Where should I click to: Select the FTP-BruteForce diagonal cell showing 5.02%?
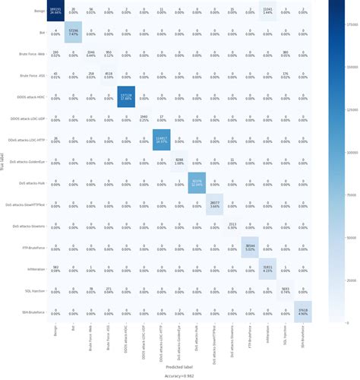coord(249,247)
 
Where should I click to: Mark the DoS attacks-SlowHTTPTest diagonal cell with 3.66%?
coord(213,204)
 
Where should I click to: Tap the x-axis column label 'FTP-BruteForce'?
coord(249,339)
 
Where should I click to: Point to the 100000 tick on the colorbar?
coord(346,151)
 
